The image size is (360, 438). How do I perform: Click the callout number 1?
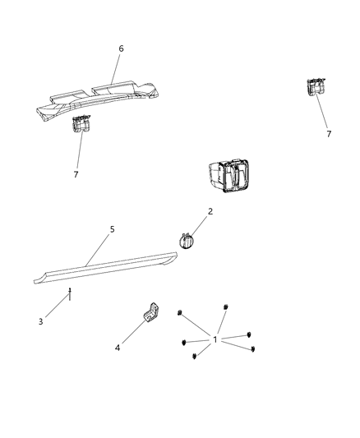215,339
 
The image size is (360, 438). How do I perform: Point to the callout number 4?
118,348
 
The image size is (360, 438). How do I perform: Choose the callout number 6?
121,48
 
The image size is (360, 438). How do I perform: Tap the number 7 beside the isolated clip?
329,133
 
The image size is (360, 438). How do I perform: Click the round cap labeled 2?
187,242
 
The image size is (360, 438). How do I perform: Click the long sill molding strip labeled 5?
107,267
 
